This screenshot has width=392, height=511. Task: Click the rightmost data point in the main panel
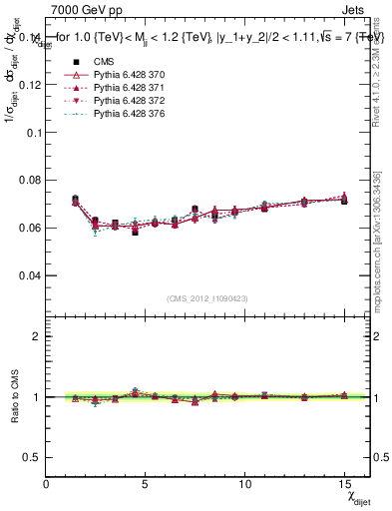coord(344,200)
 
